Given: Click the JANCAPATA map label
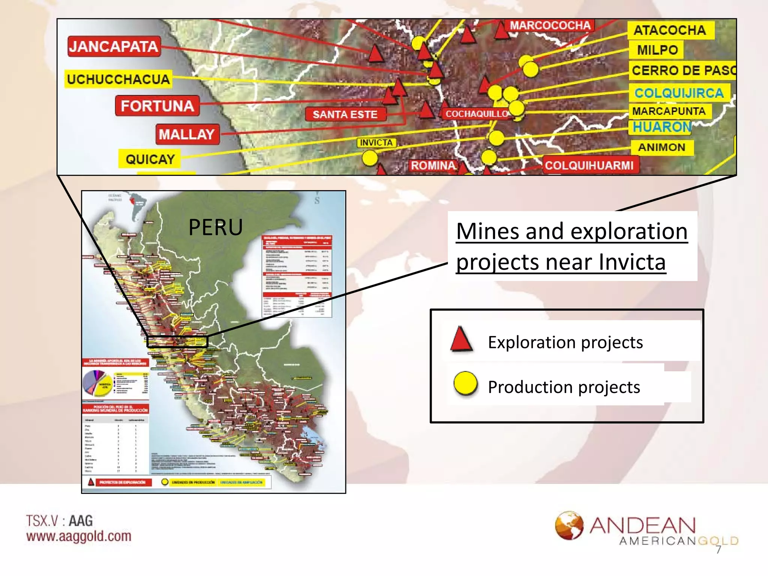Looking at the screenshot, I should (114, 46).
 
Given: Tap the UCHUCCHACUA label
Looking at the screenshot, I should (118, 79).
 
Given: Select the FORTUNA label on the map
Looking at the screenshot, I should (157, 106).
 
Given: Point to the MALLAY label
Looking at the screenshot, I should (187, 134).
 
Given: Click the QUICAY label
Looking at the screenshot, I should (150, 159).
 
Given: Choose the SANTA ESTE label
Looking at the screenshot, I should (345, 114).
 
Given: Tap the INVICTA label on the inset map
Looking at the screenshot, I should (376, 142).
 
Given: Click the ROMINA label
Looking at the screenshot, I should (433, 165).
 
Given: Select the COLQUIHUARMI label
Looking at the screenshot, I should (589, 165).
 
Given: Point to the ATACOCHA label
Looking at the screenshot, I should (670, 30).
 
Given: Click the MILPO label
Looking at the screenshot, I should (657, 50).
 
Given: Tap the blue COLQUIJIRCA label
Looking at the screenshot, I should (679, 93).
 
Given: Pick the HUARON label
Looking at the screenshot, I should (662, 127).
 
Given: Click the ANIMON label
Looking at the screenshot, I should (662, 147).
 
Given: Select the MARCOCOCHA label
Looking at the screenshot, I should (550, 25).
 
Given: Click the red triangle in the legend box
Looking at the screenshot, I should (461, 339).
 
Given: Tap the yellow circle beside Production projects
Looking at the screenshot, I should (465, 384).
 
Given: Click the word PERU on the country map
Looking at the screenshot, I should (216, 227).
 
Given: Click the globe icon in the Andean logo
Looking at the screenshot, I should (569, 525).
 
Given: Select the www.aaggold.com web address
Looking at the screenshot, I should (79, 536).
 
